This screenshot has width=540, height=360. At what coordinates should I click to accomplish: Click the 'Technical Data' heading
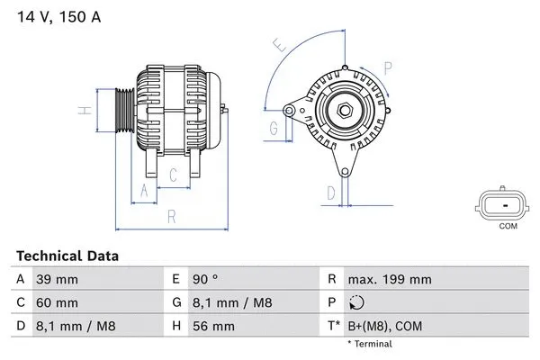point(67,256)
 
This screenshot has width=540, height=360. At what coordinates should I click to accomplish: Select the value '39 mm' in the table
point(55,279)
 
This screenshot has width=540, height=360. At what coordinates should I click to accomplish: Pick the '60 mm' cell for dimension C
point(55,302)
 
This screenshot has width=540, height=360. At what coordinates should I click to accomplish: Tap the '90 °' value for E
point(206,279)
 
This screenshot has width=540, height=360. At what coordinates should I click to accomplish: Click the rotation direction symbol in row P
point(356,302)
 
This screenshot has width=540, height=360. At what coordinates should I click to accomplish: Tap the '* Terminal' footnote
point(369,344)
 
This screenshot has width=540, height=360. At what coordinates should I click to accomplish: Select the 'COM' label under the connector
point(508,226)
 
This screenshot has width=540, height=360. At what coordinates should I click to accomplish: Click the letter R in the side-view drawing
point(171,215)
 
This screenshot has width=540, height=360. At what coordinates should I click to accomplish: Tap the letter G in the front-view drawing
point(273,129)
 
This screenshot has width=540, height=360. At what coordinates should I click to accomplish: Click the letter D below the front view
point(330,192)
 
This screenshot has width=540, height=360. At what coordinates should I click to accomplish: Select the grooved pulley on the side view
point(122,110)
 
